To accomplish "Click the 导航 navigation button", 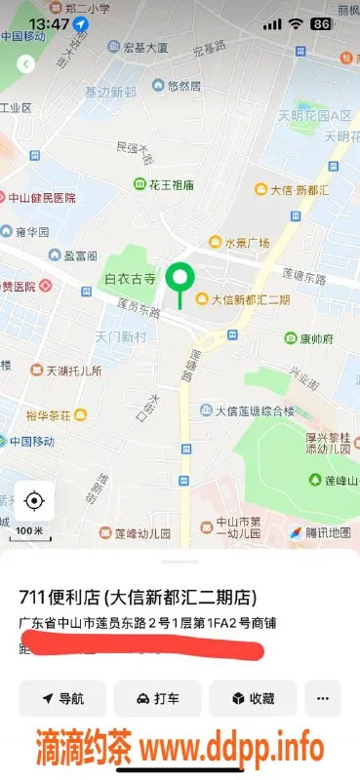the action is [x=61, y=698].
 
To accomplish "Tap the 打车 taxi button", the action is [x=157, y=698].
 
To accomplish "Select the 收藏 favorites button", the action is [x=252, y=698].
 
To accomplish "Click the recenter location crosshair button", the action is [x=34, y=501].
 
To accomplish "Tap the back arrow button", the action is [x=26, y=63].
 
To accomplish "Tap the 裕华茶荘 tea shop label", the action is [x=53, y=415].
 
